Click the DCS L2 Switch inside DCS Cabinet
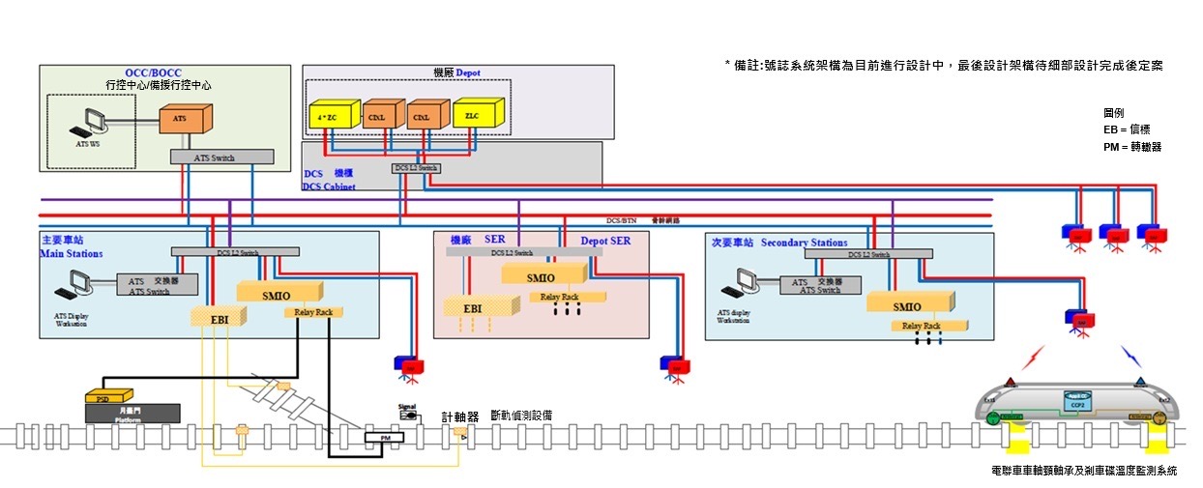[x=416, y=168]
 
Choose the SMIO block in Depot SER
[x=541, y=276]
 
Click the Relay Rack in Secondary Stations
[x=921, y=326]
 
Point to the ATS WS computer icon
[x=95, y=123]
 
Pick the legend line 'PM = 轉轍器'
[x=1132, y=147]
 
